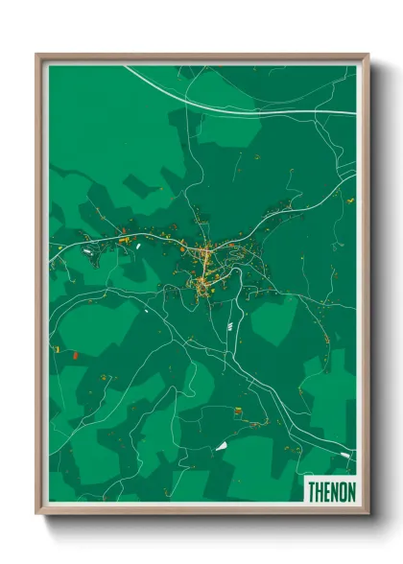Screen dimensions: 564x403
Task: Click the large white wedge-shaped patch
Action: click(222, 445)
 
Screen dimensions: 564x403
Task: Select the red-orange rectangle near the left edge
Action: click(74, 355)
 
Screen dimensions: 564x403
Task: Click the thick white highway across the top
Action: click(249, 108)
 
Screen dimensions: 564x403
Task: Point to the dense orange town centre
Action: click(205, 257)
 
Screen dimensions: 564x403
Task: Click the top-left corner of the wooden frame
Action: click(38, 56)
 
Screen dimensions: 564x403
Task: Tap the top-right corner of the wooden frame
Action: click(367, 56)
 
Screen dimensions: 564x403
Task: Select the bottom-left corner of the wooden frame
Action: click(38, 512)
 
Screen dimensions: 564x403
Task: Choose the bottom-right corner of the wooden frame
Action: click(367, 512)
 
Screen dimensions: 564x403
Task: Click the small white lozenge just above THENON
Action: click(345, 455)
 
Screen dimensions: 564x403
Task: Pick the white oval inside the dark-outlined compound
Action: click(89, 251)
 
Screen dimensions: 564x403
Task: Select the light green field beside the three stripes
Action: click(269, 321)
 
